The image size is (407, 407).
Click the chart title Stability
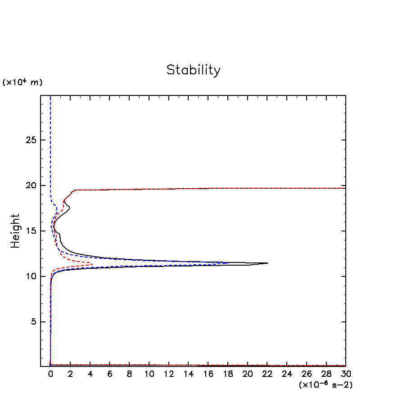[194, 70]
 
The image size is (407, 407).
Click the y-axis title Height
[16, 231]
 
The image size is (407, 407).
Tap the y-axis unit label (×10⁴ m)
[23, 82]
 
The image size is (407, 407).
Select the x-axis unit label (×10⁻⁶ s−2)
[326, 385]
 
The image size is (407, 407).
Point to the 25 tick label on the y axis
[30, 140]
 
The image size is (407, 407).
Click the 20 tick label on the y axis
[30, 185]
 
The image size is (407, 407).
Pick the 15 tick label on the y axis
[30, 231]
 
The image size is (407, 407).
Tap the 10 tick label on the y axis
[30, 276]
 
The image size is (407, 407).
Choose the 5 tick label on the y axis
[33, 322]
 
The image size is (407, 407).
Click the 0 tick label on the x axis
[50, 374]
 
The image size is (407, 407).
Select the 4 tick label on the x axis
[90, 374]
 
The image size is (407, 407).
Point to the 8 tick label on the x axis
[129, 374]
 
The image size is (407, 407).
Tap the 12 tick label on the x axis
[169, 374]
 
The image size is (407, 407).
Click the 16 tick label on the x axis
[208, 374]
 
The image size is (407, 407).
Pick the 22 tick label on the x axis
[267, 374]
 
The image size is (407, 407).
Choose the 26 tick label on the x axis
[307, 374]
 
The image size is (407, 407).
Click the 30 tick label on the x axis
[346, 374]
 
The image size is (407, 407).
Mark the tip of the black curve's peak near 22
[267, 263]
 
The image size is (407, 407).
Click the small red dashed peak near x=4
[92, 264]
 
